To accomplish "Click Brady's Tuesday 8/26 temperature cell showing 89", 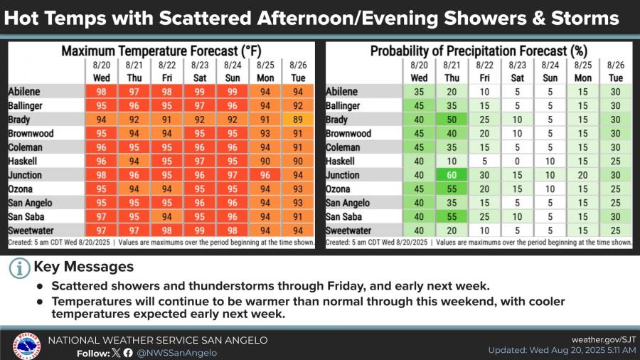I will pyautogui.click(x=298, y=120).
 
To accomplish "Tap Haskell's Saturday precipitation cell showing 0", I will pyautogui.click(x=518, y=162).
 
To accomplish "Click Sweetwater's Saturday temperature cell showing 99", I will pyautogui.click(x=200, y=231).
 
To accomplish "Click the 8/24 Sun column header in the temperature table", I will pyautogui.click(x=233, y=71).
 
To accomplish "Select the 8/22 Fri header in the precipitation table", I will pyautogui.click(x=485, y=71).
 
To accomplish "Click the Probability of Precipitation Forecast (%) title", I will pyautogui.click(x=478, y=51).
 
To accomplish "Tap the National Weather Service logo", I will pyautogui.click(x=27, y=346).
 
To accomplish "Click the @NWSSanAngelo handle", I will pyautogui.click(x=177, y=352).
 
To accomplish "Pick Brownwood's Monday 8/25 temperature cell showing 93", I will pyautogui.click(x=265, y=134).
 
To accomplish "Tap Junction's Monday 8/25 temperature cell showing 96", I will pyautogui.click(x=265, y=175).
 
